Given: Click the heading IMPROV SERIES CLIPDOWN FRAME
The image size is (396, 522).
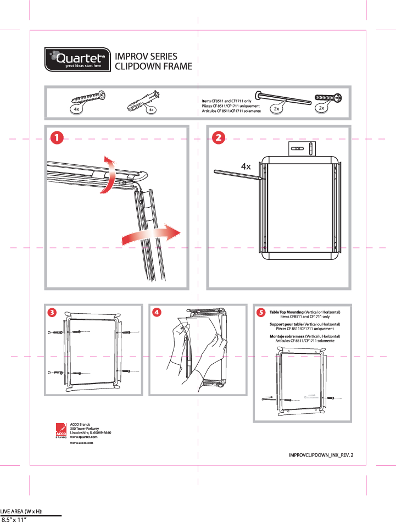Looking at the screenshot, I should [153, 62].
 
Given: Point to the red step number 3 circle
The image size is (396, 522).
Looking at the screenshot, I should [52, 312].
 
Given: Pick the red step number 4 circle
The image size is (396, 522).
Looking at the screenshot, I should [157, 312].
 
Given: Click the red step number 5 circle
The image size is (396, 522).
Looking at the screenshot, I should [261, 312].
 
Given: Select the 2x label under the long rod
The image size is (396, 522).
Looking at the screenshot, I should [277, 109].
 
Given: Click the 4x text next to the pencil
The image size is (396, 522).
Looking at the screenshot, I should [246, 166].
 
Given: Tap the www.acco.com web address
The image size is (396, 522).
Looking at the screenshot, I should [82, 442].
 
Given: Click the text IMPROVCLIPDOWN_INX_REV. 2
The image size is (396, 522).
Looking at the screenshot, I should [321, 455].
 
